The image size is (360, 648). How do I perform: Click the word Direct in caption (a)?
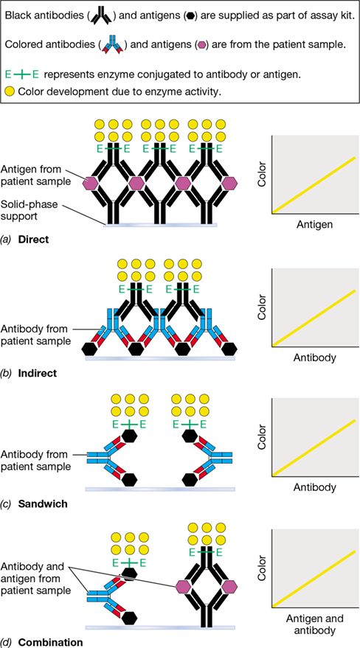point(34,239)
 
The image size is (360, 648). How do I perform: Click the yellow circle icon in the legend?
point(10,91)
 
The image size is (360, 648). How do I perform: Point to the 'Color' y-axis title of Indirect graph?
point(261,307)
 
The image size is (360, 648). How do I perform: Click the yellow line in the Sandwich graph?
point(314,447)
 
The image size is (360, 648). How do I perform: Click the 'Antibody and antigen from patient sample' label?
point(36,573)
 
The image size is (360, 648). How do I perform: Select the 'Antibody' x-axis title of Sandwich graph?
point(314,487)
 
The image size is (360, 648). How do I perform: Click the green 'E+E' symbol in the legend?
point(22,74)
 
